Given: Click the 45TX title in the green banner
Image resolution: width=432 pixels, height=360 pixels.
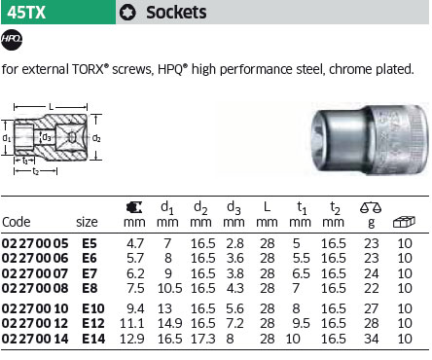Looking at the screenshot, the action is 26,13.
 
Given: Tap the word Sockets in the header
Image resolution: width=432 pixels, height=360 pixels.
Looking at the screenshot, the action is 176,13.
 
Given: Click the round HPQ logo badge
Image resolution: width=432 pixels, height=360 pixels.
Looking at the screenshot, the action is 12,39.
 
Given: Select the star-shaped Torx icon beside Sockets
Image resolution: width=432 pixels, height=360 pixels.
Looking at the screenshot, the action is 127,13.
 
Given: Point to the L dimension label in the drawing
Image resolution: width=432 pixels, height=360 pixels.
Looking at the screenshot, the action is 51,106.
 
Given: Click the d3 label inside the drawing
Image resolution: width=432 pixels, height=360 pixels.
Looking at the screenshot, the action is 47,137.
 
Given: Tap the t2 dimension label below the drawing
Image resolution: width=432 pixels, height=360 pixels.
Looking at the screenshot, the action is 36,171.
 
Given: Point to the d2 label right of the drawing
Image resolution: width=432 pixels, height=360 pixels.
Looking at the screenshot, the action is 96,138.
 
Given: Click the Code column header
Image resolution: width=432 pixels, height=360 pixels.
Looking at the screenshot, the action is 17,222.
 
